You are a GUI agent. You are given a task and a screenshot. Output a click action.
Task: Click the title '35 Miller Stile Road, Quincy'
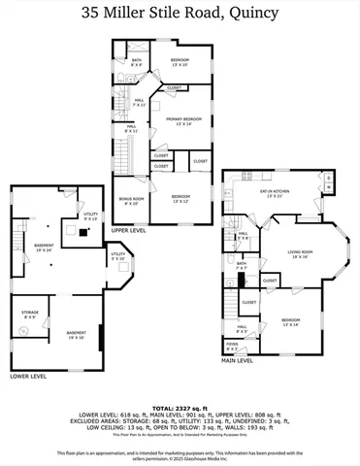point(180,14)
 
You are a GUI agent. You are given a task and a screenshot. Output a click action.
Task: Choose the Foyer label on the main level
point(231,345)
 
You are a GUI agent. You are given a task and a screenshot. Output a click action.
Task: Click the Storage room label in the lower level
point(29,315)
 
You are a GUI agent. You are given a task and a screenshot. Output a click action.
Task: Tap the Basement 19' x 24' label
point(44,248)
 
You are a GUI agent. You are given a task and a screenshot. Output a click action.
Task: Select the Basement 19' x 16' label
point(76,335)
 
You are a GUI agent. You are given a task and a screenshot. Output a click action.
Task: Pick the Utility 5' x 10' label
point(116,256)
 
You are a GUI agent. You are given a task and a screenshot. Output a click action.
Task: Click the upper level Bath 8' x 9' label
point(137,63)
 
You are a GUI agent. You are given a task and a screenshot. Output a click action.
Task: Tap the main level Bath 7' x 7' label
point(241,265)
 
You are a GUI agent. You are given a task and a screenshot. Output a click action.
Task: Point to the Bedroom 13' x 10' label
point(180,61)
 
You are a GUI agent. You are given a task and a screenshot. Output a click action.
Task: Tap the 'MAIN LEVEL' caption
point(238,360)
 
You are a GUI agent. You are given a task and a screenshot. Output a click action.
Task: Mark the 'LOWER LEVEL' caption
point(26,375)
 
